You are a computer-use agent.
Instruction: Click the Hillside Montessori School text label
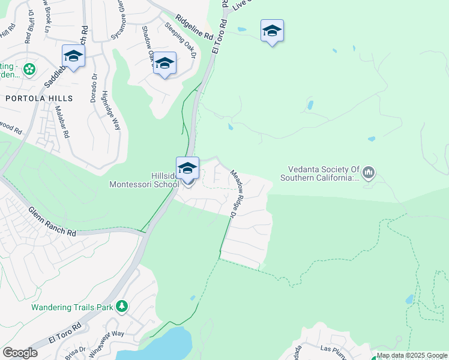[143, 180]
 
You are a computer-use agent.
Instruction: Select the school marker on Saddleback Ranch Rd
[73, 56]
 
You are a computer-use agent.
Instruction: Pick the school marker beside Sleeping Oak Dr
[164, 64]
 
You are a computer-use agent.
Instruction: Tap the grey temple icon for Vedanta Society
[369, 173]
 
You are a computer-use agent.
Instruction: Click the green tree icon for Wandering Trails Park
[122, 307]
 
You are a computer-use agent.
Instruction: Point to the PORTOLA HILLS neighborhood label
[39, 98]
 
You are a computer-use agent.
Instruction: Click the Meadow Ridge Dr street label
[235, 191]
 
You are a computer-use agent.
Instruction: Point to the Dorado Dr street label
[94, 88]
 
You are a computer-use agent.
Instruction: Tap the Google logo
[20, 353]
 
